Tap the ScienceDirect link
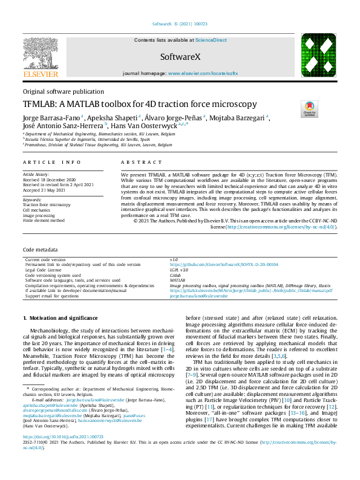[x=211, y=39]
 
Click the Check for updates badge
[x=309, y=109]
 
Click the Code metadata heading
[x=41, y=249]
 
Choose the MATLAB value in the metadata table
[x=177, y=280]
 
